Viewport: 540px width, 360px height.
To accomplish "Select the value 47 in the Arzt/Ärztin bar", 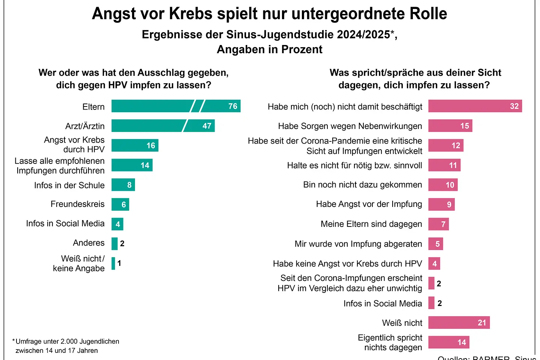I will pyautogui.click(x=207, y=126).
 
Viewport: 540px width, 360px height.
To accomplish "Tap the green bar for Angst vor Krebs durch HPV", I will pyautogui.click(x=135, y=145).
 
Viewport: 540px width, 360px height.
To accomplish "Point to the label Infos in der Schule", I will pyautogui.click(x=69, y=185).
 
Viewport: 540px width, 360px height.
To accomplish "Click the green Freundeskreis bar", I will pyautogui.click(x=120, y=204).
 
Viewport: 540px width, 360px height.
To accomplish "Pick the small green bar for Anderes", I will pyautogui.click(x=114, y=244).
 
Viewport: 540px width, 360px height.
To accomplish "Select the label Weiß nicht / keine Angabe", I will pyautogui.click(x=79, y=263).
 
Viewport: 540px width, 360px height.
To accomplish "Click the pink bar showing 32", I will pyautogui.click(x=475, y=106).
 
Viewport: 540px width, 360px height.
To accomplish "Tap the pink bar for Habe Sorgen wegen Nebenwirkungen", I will pyautogui.click(x=450, y=126).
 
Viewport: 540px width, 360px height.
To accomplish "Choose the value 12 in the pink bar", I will pyautogui.click(x=456, y=145).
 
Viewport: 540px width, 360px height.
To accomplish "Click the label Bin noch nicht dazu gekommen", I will pyautogui.click(x=362, y=185).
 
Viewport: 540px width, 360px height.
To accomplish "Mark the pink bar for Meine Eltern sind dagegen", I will pyautogui.click(x=438, y=224).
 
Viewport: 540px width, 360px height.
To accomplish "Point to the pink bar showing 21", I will pyautogui.click(x=459, y=322).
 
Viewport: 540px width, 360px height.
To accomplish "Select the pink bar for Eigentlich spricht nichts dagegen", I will pyautogui.click(x=448, y=342).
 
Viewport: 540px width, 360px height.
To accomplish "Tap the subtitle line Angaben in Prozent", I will pyautogui.click(x=270, y=49).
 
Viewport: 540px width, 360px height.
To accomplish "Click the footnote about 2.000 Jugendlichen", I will pyautogui.click(x=66, y=346).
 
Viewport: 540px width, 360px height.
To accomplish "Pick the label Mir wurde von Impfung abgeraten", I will pyautogui.click(x=358, y=244).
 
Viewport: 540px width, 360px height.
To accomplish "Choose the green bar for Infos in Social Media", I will pyautogui.click(x=117, y=224).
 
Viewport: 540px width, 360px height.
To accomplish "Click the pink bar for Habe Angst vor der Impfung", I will pyautogui.click(x=441, y=204).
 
